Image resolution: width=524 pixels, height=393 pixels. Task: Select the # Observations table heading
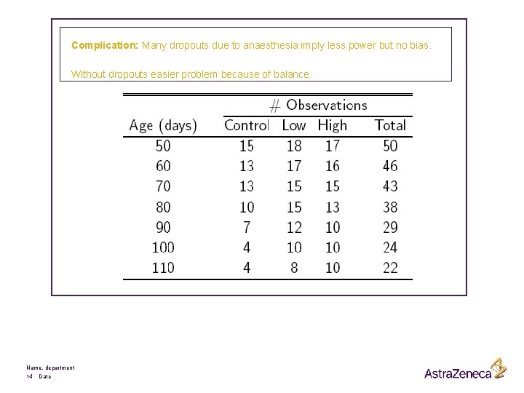pos(318,106)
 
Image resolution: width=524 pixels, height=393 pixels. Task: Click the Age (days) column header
pos(163,125)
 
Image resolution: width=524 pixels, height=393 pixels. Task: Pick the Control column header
pos(247,125)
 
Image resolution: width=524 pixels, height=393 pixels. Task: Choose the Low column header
pos(294,125)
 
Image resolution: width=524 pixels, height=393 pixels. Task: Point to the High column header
pos(333,125)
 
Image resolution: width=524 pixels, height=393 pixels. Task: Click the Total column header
pos(390,125)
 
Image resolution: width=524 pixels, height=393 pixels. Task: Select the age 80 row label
pos(163,207)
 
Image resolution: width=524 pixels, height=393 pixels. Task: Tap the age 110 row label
pos(163,268)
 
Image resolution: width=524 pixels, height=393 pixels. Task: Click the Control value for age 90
pos(247,228)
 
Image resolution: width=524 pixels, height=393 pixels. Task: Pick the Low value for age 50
pos(294,146)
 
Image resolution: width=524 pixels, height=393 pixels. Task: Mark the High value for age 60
pos(333,166)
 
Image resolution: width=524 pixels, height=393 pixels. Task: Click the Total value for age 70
pos(390,186)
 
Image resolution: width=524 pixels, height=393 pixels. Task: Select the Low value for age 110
pos(294,268)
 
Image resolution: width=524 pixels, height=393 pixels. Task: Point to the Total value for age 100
pos(390,247)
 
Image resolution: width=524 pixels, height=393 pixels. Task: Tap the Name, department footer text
pos(50,368)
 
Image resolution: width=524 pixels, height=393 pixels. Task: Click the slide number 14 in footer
pos(29,376)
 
